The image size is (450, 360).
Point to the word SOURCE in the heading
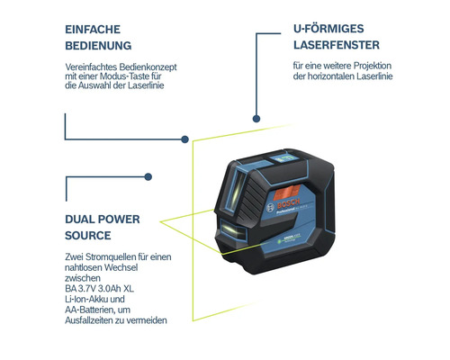(88, 235)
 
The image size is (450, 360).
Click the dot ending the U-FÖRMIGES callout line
(256, 118)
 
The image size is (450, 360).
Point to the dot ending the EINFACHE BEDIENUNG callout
(185, 139)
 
